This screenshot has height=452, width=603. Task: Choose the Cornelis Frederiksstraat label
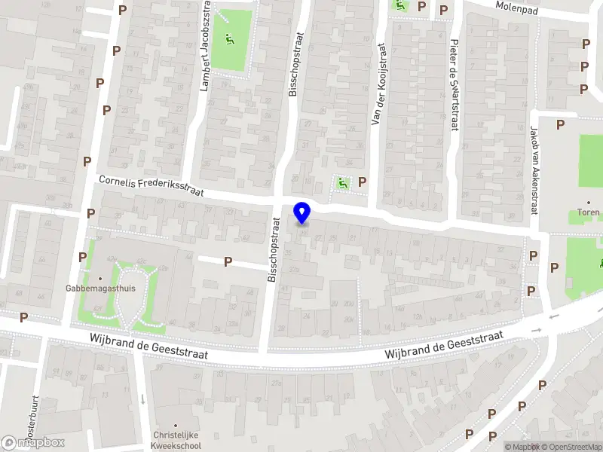[151, 185]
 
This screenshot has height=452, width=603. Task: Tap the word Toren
[589, 212]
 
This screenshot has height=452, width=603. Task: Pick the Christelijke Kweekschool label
[177, 441]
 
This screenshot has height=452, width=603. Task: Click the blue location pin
[302, 213]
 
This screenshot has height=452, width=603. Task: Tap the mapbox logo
[32, 443]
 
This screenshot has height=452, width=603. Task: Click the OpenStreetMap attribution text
[571, 447]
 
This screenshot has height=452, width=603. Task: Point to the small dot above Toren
[589, 203]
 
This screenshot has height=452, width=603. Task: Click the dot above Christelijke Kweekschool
[176, 426]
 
